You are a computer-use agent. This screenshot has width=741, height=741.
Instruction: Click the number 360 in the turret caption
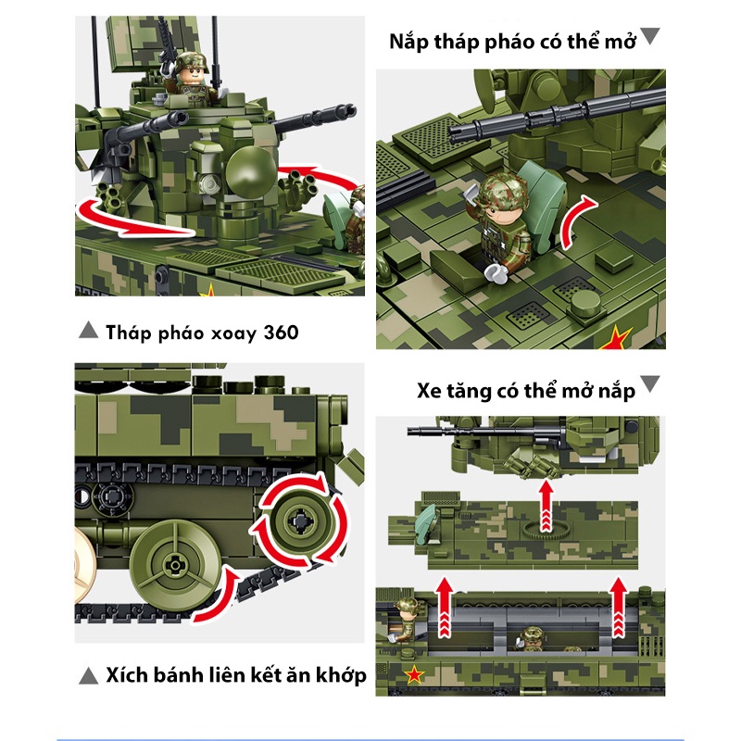coord(282,333)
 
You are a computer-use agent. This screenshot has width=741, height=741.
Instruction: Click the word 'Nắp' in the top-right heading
coord(409,42)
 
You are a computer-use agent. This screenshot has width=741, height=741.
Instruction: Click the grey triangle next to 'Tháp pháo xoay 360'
coord(88,331)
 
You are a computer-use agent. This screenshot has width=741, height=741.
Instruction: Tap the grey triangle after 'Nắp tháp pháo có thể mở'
coord(650,36)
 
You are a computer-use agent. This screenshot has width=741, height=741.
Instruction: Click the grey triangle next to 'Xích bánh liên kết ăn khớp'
coord(88,676)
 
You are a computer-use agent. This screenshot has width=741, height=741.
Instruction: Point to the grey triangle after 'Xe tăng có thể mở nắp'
coord(650,383)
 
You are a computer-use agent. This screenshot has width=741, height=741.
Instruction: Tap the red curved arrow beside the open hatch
coord(576,221)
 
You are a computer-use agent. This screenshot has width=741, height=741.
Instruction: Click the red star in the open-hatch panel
coord(616,338)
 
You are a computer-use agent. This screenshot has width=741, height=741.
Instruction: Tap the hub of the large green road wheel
coord(173,565)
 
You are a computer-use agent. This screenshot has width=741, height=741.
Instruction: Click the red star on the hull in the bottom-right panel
coord(414,674)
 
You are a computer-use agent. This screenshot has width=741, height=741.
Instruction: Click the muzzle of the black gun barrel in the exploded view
coord(410,431)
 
